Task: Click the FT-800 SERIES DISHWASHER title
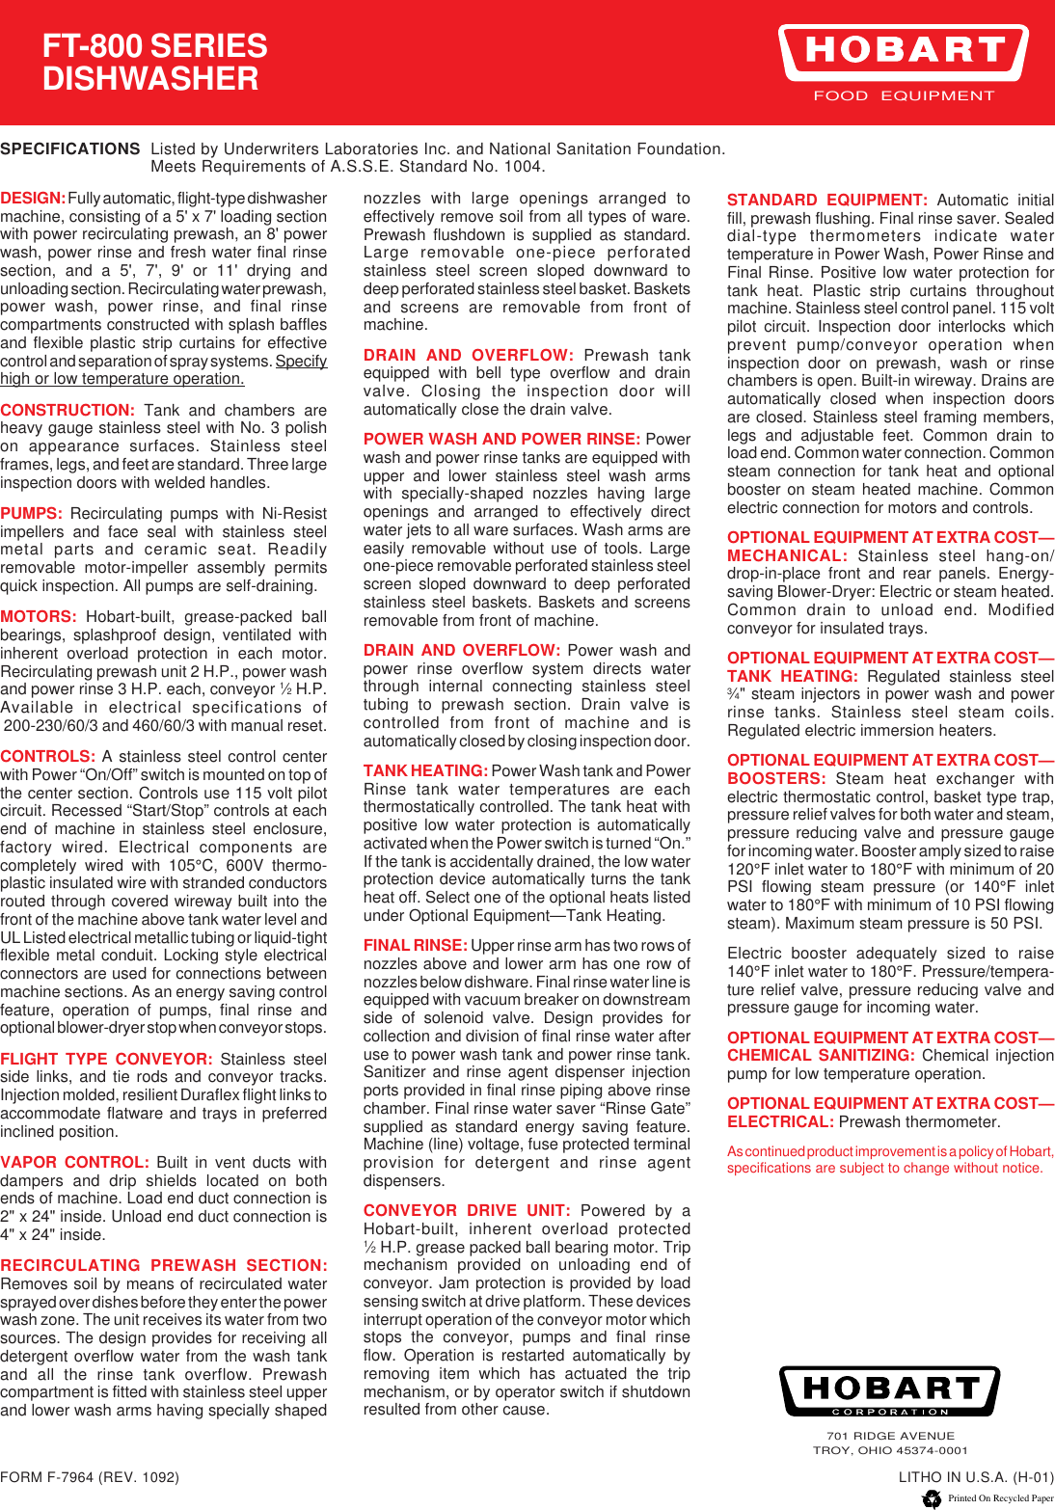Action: coord(154,63)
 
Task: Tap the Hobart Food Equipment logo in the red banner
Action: coord(904,63)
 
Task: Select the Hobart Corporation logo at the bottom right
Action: coord(889,1390)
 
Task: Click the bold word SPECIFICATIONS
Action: coord(70,148)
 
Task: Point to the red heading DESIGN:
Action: coord(33,198)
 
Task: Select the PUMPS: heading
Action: coord(32,513)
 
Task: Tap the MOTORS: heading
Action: coord(39,616)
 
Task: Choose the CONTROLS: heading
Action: coord(47,756)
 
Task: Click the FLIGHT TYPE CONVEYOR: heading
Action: coord(105,1059)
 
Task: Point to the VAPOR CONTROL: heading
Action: coord(74,1162)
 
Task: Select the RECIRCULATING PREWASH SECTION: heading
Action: coord(164,1265)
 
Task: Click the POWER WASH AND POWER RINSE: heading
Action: coord(501,439)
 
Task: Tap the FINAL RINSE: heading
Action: coord(415,945)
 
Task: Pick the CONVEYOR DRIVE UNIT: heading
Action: coord(467,1210)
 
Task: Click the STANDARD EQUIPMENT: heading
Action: coord(826,200)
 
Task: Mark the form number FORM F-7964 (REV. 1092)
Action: coord(90,1476)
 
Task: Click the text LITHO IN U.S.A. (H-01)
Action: coord(976,1476)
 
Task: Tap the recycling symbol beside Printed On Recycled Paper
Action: coord(932,1498)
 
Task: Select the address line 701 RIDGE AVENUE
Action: coord(890,1436)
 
